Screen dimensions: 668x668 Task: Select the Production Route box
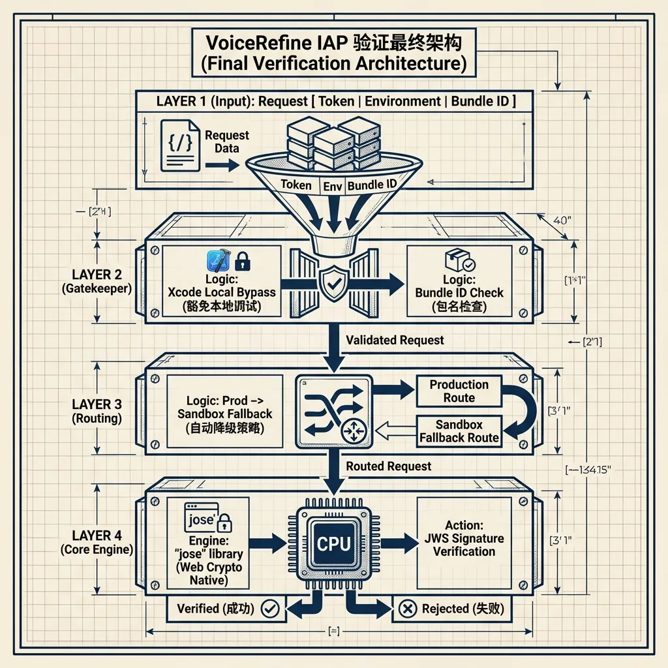pos(459,391)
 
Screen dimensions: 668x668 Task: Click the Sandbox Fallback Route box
pos(459,431)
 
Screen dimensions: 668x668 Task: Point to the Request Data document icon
pos(180,145)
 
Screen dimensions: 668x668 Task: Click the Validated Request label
pos(395,340)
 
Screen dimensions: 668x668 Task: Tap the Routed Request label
pos(388,466)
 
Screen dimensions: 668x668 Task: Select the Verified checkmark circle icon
pos(269,609)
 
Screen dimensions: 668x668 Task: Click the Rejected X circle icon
pos(406,609)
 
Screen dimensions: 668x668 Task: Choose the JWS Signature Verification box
pos(464,538)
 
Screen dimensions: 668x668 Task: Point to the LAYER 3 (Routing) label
pos(97,412)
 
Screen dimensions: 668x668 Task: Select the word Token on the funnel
pos(296,185)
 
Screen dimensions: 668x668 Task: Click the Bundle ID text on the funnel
pos(372,185)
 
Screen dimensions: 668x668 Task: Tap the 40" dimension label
pos(562,220)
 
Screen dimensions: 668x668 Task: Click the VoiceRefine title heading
pos(333,53)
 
